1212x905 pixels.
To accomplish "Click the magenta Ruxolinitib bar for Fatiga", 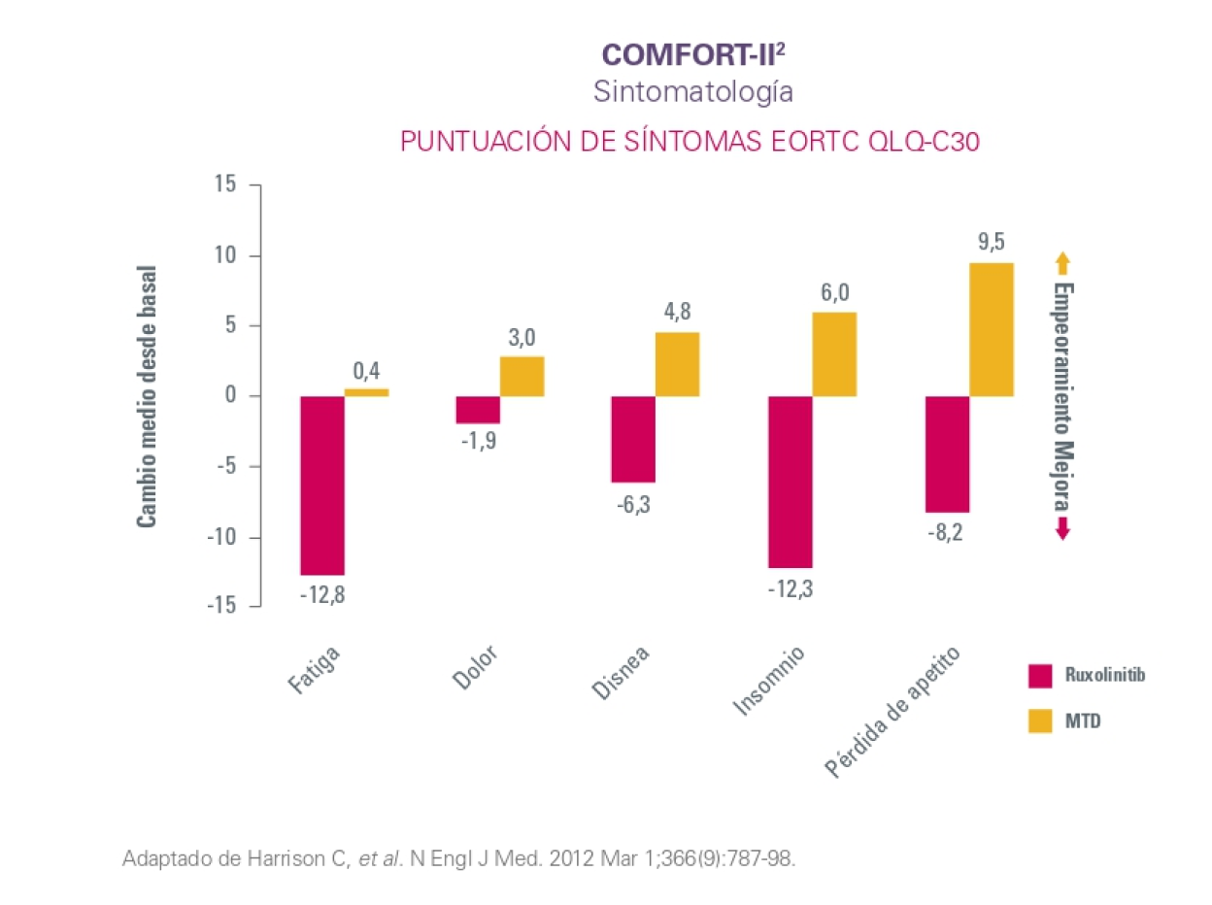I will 322,485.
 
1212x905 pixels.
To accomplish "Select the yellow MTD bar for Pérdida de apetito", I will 992,329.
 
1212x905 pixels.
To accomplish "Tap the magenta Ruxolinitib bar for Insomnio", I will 790,481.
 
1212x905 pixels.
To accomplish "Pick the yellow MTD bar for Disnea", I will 677,364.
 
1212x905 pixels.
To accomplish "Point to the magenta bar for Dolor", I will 478,409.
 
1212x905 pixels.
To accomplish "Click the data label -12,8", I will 321,594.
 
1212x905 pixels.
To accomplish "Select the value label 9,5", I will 992,243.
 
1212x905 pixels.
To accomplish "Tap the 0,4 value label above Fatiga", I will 366,370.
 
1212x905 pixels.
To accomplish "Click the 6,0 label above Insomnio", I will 835,293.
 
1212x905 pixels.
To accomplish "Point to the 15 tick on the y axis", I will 225,184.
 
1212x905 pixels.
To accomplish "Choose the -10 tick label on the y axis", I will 219,536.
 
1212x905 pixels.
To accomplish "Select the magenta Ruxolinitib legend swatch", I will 1040,675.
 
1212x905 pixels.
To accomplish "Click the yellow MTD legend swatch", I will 1040,721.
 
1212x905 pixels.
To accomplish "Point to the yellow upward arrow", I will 1062,262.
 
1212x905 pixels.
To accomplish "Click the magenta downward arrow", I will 1062,528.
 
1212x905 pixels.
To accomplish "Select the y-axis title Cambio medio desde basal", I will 147,395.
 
